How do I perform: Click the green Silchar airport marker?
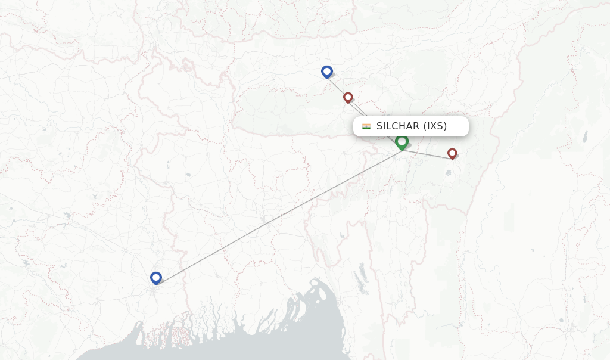402,142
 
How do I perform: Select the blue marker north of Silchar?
326,72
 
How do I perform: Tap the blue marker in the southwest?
156,278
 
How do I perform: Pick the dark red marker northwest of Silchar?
348,97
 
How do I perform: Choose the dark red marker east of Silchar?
452,153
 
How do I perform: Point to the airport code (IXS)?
435,126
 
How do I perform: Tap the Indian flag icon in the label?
366,126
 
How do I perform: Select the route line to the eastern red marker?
428,154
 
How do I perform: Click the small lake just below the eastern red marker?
448,173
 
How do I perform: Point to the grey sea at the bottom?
238,349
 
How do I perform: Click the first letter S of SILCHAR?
379,126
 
